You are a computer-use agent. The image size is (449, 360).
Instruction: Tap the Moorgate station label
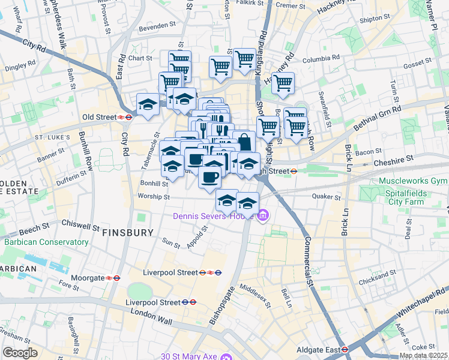pyautogui.click(x=84, y=278)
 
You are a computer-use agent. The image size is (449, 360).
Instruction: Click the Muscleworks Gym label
pyautogui.click(x=413, y=181)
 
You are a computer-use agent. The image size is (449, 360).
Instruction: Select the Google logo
pyautogui.click(x=20, y=353)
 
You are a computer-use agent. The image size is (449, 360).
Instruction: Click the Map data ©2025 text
pyautogui.click(x=424, y=356)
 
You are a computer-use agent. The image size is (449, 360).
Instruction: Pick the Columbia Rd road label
pyautogui.click(x=321, y=59)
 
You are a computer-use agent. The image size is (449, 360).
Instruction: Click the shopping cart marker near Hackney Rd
pyautogui.click(x=283, y=83)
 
